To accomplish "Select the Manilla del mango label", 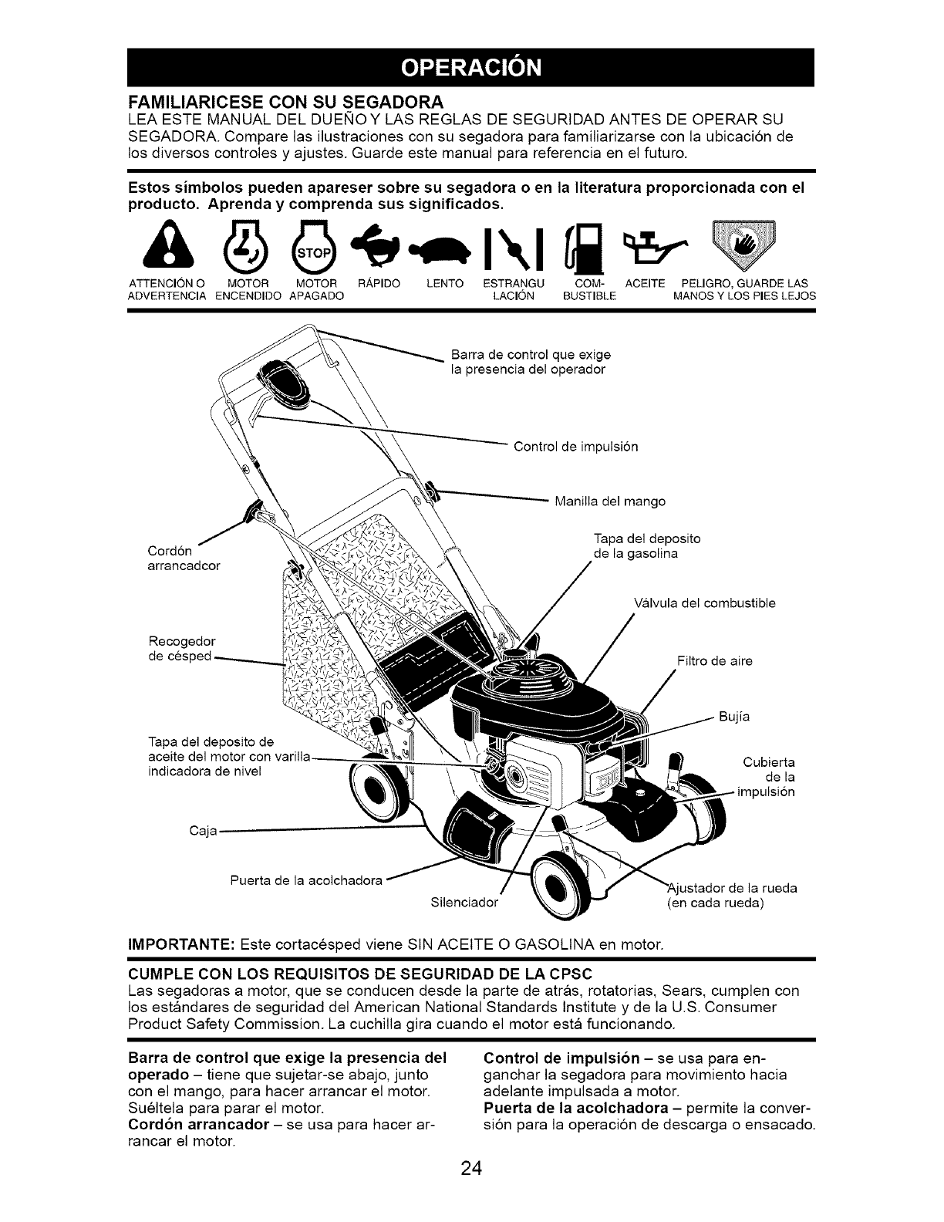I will click(609, 501).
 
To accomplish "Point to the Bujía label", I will click(733, 717).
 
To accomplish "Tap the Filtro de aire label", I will click(714, 661).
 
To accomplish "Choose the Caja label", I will click(203, 831).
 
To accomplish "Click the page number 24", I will click(471, 1169).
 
